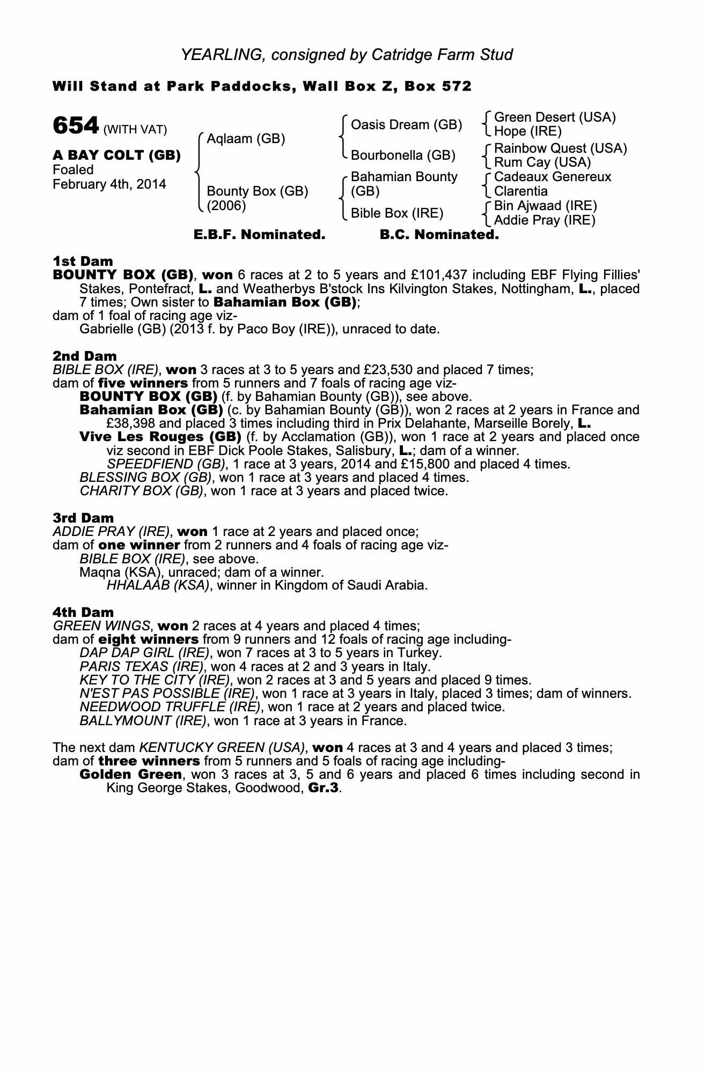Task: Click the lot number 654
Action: pyautogui.click(x=76, y=126)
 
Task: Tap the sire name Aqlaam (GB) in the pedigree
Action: pyautogui.click(x=246, y=139)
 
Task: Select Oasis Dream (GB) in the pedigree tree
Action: pyautogui.click(x=406, y=125)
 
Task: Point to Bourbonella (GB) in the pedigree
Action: pyautogui.click(x=403, y=155)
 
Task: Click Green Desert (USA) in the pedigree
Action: pyautogui.click(x=555, y=117)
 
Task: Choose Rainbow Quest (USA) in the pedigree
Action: pyautogui.click(x=560, y=148)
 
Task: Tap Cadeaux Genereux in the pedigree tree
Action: pyautogui.click(x=553, y=177)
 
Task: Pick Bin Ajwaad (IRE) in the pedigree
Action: pyautogui.click(x=545, y=206)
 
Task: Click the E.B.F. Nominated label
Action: pyautogui.click(x=259, y=235)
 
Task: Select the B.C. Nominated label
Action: pyautogui.click(x=439, y=235)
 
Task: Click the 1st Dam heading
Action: pyautogui.click(x=83, y=261)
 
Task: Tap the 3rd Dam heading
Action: pyautogui.click(x=83, y=518)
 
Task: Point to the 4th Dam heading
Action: pyautogui.click(x=83, y=612)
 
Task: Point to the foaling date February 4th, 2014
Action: pyautogui.click(x=109, y=184)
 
